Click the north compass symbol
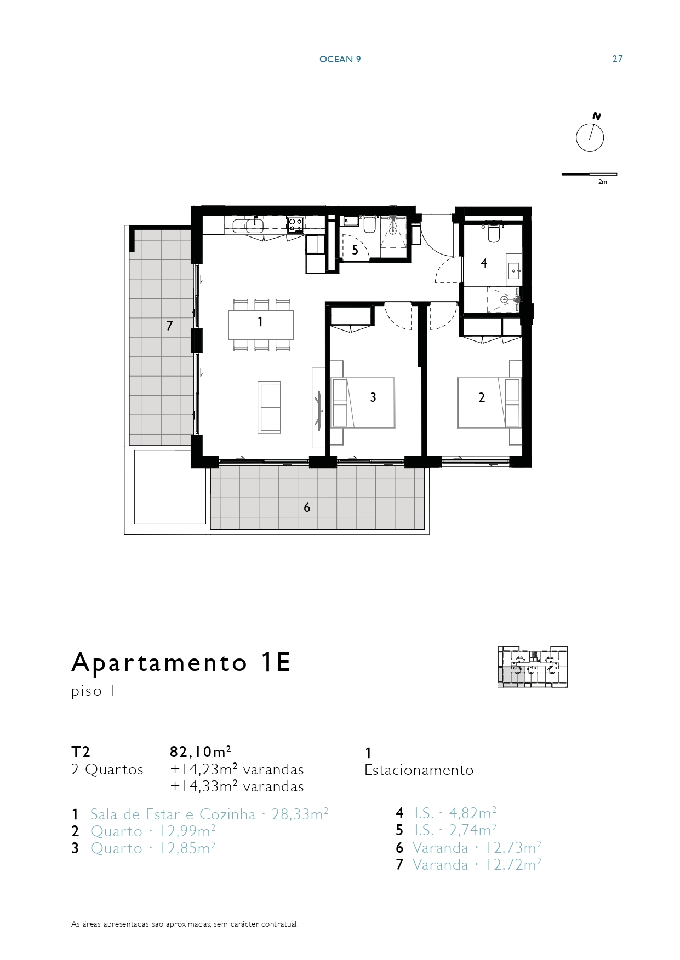(590, 137)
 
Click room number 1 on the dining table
(260, 322)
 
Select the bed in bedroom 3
(363, 402)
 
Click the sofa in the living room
(269, 408)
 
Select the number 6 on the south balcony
(307, 507)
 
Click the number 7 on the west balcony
(169, 326)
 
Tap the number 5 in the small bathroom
(355, 251)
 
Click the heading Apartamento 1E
(181, 663)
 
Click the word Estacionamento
(419, 770)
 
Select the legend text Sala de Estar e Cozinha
(173, 814)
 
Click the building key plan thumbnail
(533, 667)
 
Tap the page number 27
(618, 59)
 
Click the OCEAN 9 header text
(340, 59)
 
